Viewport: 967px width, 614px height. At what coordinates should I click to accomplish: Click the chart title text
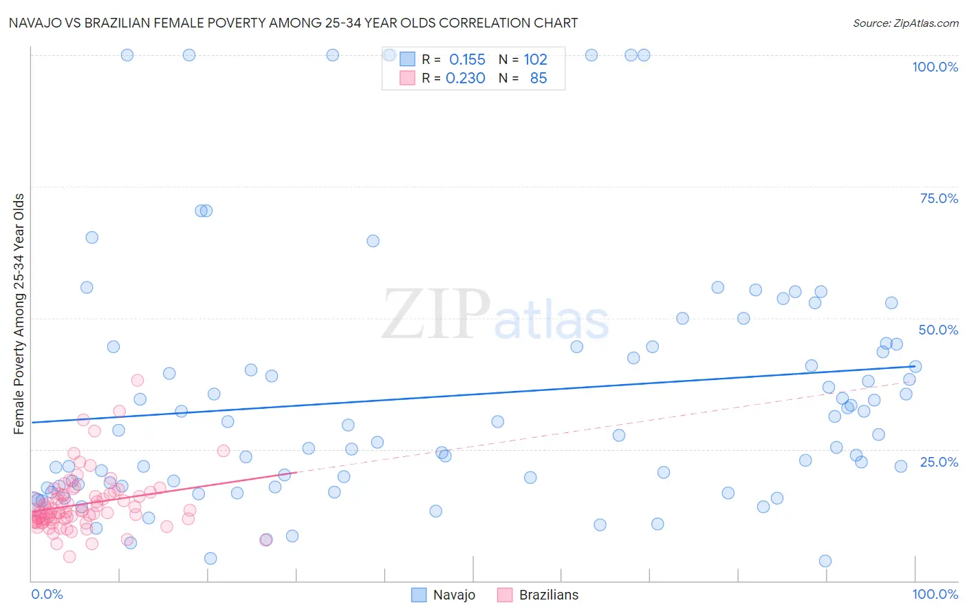[293, 23]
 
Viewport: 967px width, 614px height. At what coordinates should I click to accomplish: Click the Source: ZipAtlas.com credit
[905, 23]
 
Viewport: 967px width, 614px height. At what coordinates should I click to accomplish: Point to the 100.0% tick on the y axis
[935, 67]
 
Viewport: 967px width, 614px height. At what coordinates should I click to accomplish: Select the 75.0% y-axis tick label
[938, 198]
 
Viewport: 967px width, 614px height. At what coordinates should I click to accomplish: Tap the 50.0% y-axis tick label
[938, 330]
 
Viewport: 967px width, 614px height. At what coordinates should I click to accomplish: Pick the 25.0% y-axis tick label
[938, 462]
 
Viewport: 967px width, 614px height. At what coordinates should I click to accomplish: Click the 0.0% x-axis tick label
[47, 594]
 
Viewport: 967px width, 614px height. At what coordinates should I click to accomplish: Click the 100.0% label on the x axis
[935, 594]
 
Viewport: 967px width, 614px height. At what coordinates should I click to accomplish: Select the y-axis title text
[19, 314]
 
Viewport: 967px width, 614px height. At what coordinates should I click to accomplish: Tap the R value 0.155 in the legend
[467, 60]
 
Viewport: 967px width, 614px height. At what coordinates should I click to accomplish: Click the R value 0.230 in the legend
[466, 78]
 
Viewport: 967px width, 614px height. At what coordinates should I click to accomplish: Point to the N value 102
[535, 60]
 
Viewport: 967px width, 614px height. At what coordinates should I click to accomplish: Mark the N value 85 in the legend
[538, 78]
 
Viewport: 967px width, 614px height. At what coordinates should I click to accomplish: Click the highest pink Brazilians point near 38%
[138, 380]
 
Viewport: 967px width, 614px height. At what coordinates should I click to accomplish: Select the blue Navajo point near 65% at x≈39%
[373, 241]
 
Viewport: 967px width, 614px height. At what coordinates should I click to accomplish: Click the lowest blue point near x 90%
[825, 561]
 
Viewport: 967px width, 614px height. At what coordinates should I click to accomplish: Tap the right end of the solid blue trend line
[915, 367]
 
